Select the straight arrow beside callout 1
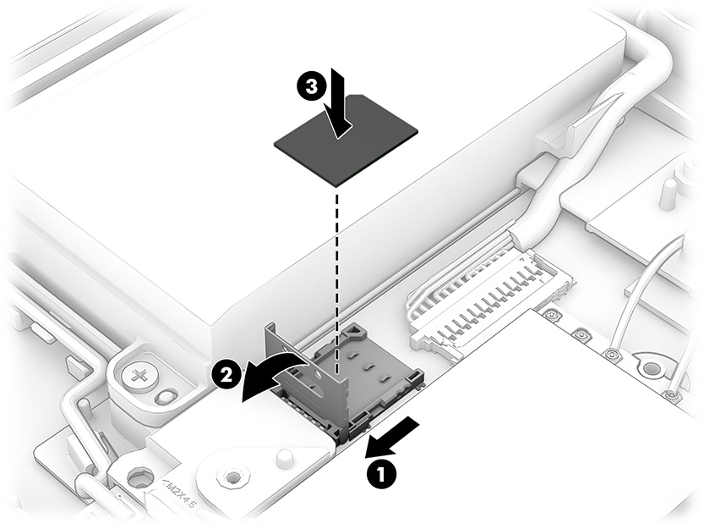(x=393, y=433)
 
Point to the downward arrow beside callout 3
(x=340, y=106)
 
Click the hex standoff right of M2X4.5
(x=229, y=477)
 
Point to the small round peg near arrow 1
(x=283, y=459)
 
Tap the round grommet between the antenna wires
(x=651, y=369)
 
